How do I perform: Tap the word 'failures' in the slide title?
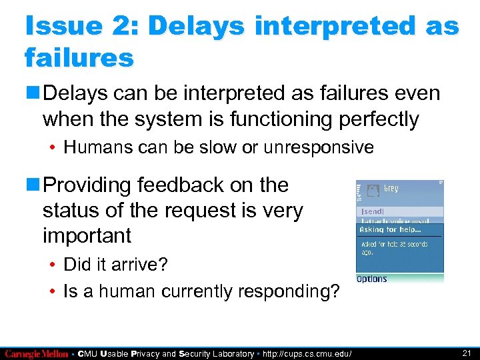tap(79, 58)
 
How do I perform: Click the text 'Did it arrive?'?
tap(115, 265)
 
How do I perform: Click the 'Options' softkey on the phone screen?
tap(371, 279)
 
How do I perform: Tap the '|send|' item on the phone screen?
tap(372, 211)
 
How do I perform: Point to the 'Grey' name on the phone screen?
tap(391, 189)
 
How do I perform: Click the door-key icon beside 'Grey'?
tap(373, 191)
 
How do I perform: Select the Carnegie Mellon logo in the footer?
tap(36, 353)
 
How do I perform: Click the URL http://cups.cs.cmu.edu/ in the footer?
tap(307, 353)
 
